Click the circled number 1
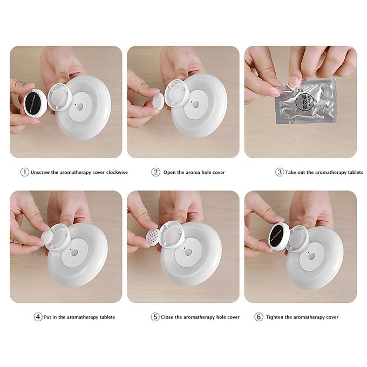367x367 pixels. point(24,172)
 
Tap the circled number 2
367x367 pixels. point(155,172)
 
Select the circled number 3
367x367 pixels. point(279,172)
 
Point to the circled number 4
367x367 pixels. point(38,317)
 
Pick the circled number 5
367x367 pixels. point(155,317)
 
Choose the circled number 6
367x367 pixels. point(259,317)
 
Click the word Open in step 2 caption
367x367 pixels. point(170,172)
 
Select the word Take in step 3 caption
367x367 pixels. point(291,172)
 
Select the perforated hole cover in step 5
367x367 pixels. point(153,236)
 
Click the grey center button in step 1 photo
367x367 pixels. point(79,107)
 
